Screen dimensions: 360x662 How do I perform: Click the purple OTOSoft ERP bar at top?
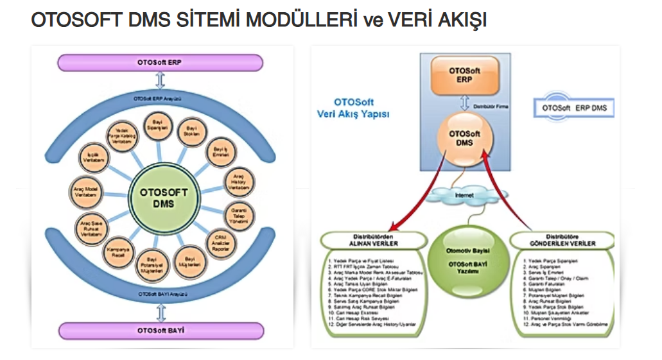pos(160,62)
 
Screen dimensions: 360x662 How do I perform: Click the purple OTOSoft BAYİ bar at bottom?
pos(160,331)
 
